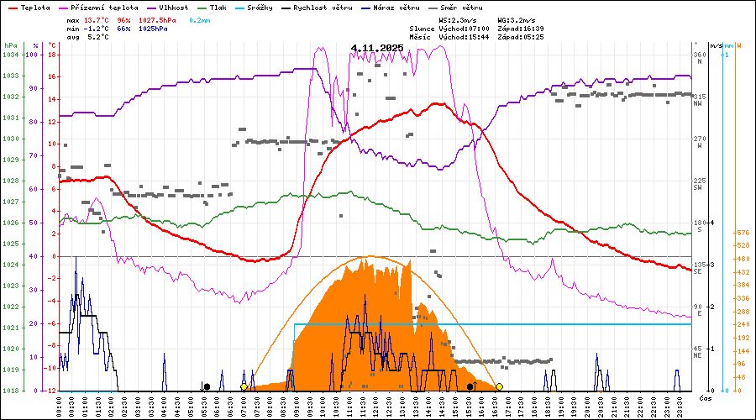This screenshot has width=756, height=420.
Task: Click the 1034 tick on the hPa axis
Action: pos(10,55)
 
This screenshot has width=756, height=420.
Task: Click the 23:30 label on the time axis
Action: pos(676,403)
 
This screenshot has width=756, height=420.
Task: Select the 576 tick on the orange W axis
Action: pos(742,233)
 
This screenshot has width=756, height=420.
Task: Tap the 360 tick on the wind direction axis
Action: pos(699,55)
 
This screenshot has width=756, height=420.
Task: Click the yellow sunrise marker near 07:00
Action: pos(244,386)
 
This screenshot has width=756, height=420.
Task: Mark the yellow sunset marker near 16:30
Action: pos(499,386)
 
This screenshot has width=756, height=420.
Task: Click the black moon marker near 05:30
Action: pos(207,386)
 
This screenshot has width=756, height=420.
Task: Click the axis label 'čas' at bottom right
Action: pos(705,396)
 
